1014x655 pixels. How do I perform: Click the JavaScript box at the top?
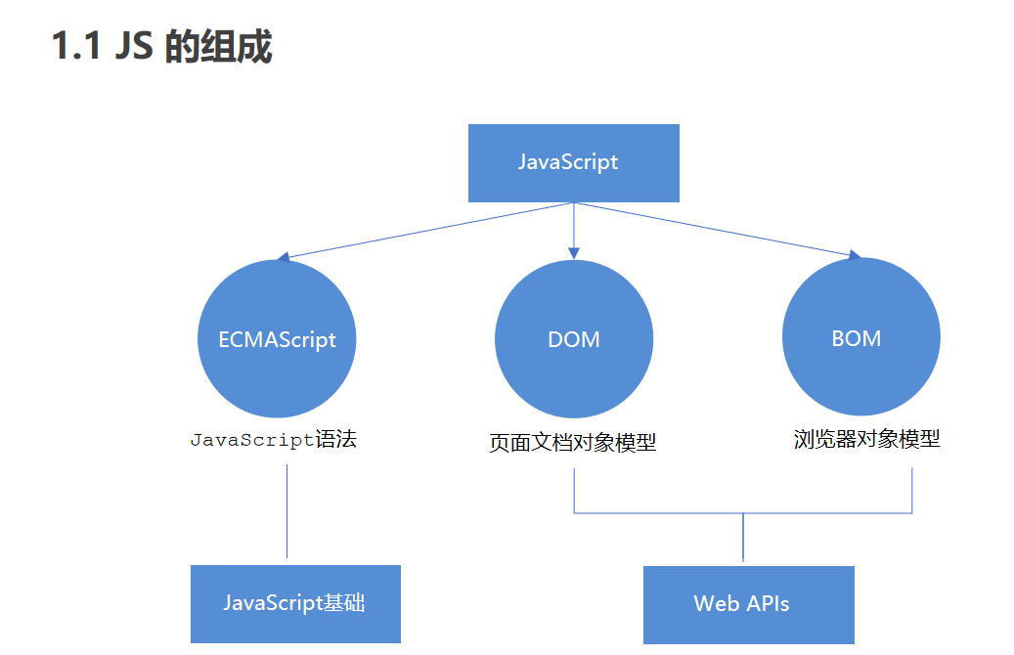(573, 162)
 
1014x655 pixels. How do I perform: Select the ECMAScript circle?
(277, 339)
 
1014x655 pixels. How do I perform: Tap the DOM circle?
(574, 339)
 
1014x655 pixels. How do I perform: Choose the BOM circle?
(861, 337)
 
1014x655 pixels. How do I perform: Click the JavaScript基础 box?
(295, 603)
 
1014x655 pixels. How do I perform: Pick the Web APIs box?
(748, 603)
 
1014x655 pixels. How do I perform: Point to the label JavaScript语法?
(274, 439)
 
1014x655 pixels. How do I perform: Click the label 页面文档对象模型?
(573, 443)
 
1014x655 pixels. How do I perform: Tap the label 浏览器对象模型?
(866, 439)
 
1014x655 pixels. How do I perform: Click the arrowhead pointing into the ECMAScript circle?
(283, 258)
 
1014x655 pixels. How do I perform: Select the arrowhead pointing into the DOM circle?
(574, 254)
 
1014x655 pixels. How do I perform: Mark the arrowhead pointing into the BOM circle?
(855, 256)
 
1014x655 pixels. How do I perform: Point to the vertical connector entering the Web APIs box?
(743, 538)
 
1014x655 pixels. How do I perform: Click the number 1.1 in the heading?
(76, 46)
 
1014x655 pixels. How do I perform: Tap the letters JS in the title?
(134, 46)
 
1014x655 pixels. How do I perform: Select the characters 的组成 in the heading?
(217, 46)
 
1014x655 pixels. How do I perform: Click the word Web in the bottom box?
(714, 603)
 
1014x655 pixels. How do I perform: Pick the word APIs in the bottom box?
(767, 603)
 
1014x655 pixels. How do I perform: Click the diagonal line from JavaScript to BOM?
(714, 230)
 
